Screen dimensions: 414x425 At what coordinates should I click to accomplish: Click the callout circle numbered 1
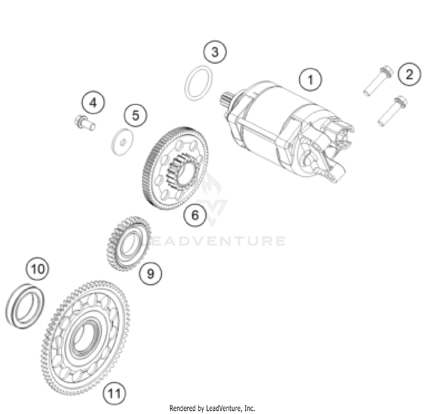[311, 80]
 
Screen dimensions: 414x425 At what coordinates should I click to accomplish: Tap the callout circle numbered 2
[409, 74]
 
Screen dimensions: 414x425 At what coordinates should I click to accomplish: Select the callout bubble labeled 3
[215, 52]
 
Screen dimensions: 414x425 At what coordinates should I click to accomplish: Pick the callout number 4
[93, 102]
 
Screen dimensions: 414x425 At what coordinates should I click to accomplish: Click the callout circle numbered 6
[195, 215]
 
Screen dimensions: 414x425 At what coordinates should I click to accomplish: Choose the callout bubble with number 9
[150, 273]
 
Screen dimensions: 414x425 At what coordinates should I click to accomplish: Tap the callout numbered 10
[37, 269]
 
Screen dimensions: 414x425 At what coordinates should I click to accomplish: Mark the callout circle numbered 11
[114, 393]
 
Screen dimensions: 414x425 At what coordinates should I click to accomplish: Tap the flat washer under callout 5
[122, 142]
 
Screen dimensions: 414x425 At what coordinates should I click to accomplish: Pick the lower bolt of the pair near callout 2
[392, 111]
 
